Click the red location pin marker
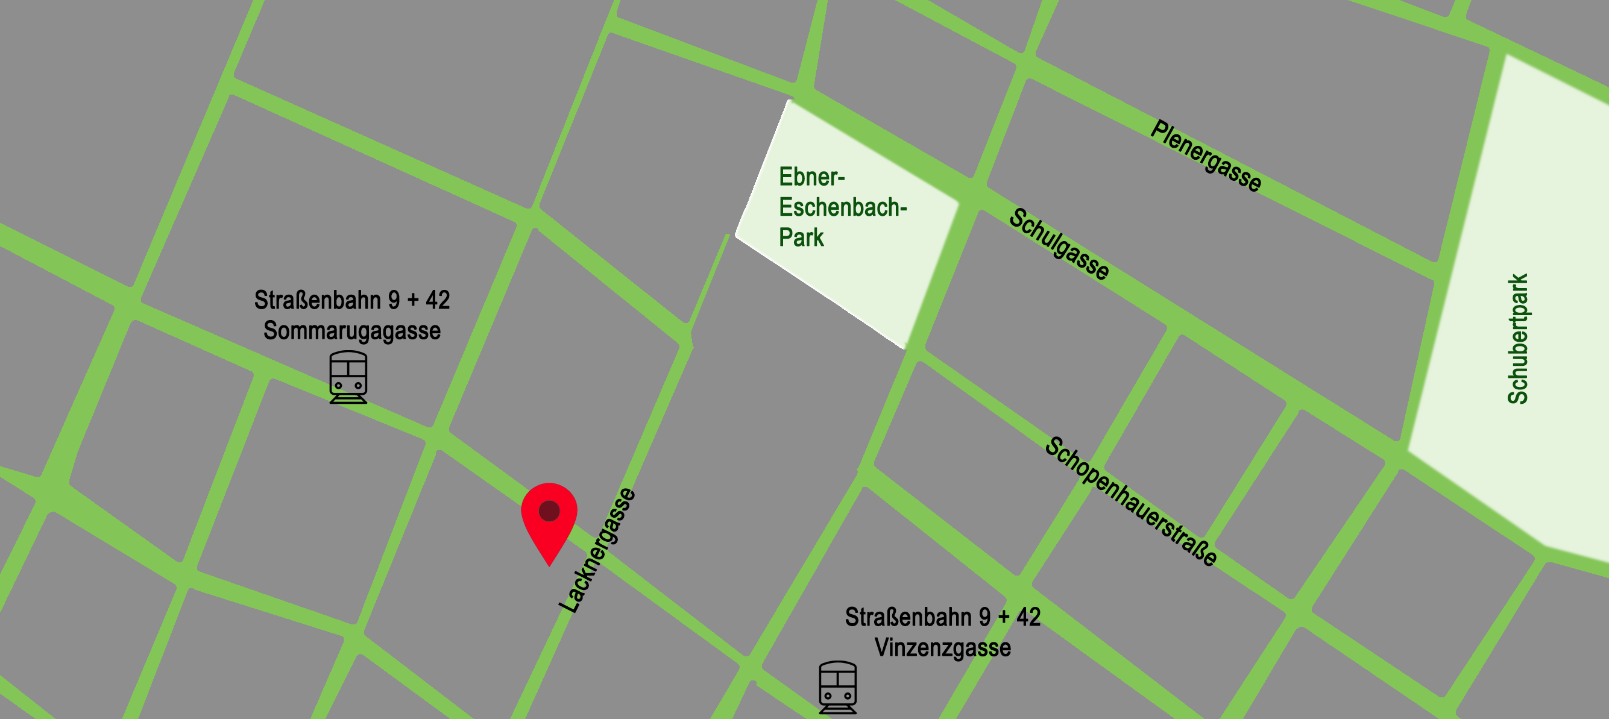point(549,518)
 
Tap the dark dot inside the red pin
point(549,510)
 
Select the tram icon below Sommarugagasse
point(348,377)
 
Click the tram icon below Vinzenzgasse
point(837,687)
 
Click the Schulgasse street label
point(1059,244)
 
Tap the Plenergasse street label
point(1206,155)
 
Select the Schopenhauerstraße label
point(1131,501)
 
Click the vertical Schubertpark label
point(1518,339)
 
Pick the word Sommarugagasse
point(351,330)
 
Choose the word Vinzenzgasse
point(942,647)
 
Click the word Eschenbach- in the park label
point(843,207)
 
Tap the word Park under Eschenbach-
point(801,237)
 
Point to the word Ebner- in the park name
point(811,177)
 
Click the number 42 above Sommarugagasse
point(438,300)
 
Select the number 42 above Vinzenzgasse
point(1028,617)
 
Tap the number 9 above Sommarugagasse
point(394,300)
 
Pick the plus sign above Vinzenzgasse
point(1004,617)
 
